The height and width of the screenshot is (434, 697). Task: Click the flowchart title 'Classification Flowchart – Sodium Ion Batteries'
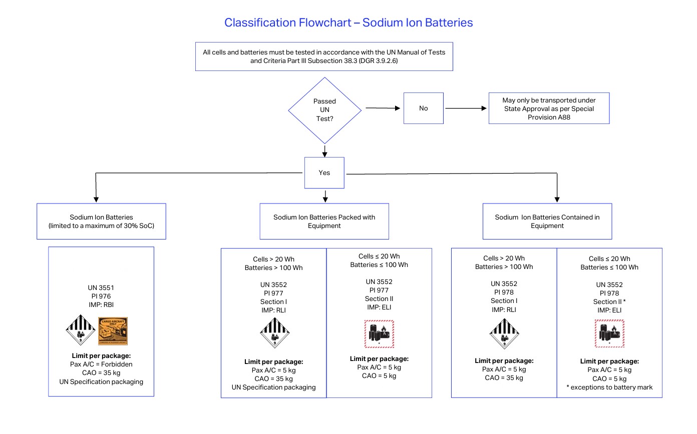348,22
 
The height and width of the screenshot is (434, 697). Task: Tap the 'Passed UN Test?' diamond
324,110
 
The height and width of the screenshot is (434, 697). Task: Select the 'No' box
424,108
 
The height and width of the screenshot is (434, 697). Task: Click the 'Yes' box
324,172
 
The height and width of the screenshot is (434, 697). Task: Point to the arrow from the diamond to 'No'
383,108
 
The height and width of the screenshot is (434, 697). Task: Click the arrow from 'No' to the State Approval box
466,108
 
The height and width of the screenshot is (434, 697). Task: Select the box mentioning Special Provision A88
549,108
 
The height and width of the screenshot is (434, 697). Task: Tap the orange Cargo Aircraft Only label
113,331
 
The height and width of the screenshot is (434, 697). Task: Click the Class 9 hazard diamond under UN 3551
81,330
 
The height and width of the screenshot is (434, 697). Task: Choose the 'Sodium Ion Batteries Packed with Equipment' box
324,221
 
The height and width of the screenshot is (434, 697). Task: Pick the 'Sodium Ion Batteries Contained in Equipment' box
547,221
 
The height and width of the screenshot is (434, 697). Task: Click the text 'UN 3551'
101,287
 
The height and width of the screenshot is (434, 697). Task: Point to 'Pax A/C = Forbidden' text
101,364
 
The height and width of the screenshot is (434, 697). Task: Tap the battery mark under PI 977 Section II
379,334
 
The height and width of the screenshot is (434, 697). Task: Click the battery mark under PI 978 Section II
609,333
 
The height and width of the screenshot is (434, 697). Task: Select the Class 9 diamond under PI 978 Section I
504,333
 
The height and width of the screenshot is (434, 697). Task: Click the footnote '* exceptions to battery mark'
609,387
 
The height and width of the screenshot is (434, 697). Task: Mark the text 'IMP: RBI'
101,305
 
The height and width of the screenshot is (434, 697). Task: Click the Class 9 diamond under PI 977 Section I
275,332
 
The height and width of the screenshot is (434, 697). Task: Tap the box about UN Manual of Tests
324,56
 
